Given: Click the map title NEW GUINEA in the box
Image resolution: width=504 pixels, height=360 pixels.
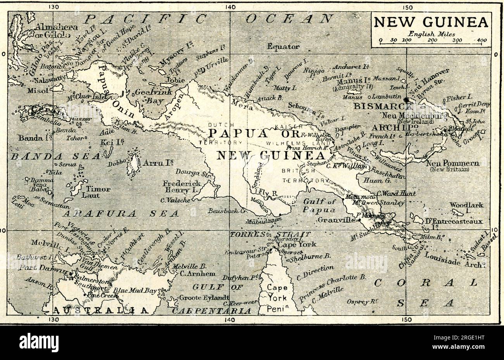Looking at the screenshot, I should point(431,22).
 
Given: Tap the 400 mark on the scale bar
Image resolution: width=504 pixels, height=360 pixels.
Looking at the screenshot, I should point(482,40).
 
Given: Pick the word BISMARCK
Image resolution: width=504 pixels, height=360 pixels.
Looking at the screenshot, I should point(376,106).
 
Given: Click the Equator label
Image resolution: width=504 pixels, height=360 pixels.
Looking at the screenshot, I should point(283,47).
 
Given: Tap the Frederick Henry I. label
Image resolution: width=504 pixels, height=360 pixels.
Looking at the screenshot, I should point(182,187).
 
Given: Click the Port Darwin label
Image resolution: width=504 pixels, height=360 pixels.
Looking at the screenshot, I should point(38,267).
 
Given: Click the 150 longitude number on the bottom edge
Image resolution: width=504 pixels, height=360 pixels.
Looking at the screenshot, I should point(406,319).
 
